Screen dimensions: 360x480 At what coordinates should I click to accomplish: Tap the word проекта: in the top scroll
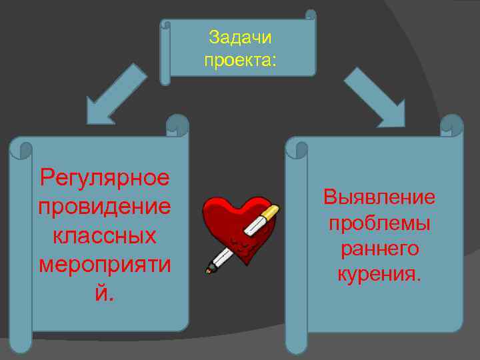pos(240,61)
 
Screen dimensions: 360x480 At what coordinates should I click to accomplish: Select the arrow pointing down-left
pos(115,95)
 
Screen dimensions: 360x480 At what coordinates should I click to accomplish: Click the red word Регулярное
pos(104,178)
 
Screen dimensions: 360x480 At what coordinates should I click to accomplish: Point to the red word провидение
pos(104,207)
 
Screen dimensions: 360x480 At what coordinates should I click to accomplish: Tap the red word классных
pos(104,235)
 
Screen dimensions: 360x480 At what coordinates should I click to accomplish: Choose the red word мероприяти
pos(104,265)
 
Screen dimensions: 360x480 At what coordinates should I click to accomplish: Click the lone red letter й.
pos(104,293)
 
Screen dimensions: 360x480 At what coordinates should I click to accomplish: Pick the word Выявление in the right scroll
pos(379,197)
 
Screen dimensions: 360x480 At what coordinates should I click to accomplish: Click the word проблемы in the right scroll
pos(379,223)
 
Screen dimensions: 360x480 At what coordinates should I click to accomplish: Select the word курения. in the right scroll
pos(379,273)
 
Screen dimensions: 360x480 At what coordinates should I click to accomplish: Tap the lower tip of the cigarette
pos(209,269)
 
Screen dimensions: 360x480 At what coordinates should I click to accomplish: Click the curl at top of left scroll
pos(177,124)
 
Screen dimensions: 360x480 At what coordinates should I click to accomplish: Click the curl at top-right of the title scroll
pos(310,15)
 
